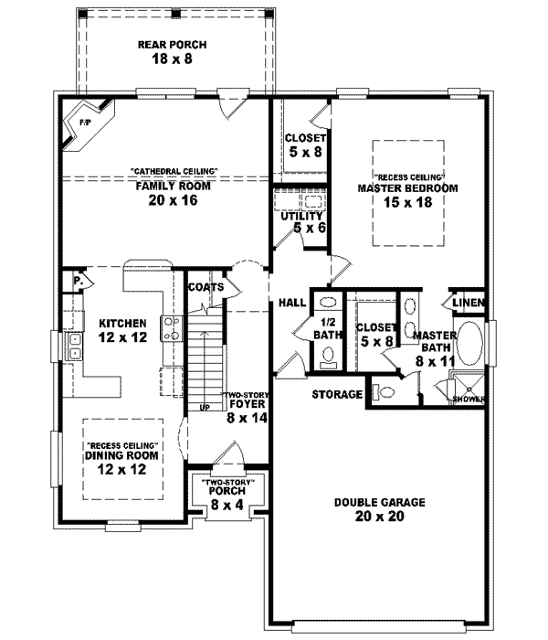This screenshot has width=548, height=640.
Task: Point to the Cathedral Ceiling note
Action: tap(174, 171)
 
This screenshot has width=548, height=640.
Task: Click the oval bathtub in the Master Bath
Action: tap(470, 345)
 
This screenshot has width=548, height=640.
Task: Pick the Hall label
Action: tap(292, 303)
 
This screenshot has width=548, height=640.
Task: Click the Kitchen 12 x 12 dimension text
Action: tap(123, 337)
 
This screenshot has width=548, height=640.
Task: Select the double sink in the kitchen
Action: tap(73, 346)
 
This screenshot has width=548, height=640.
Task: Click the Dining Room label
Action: tap(123, 454)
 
